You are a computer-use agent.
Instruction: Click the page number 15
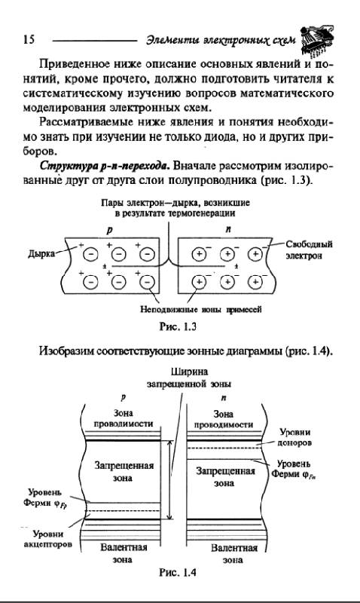click(x=29, y=40)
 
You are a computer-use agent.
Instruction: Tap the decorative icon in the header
click(x=317, y=40)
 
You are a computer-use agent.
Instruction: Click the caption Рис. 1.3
click(x=178, y=327)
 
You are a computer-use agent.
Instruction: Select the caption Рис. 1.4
click(x=178, y=573)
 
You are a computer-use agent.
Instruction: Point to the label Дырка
click(x=41, y=254)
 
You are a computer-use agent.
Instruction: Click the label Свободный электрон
click(x=309, y=249)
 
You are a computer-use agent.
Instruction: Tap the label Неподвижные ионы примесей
click(x=200, y=309)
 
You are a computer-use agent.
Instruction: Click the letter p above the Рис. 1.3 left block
click(x=109, y=231)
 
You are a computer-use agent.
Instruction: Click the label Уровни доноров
click(x=294, y=437)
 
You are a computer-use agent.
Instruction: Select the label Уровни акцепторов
click(x=48, y=539)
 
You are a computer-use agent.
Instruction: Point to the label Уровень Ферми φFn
click(x=294, y=470)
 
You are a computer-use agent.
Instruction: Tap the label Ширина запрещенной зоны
click(x=189, y=378)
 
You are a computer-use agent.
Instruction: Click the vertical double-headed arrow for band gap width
click(x=170, y=480)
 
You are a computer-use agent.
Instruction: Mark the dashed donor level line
click(x=224, y=448)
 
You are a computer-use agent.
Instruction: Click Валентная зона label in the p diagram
click(x=124, y=553)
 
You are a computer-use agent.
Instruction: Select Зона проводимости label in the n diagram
click(x=223, y=419)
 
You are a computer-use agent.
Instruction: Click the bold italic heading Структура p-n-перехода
click(x=105, y=166)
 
